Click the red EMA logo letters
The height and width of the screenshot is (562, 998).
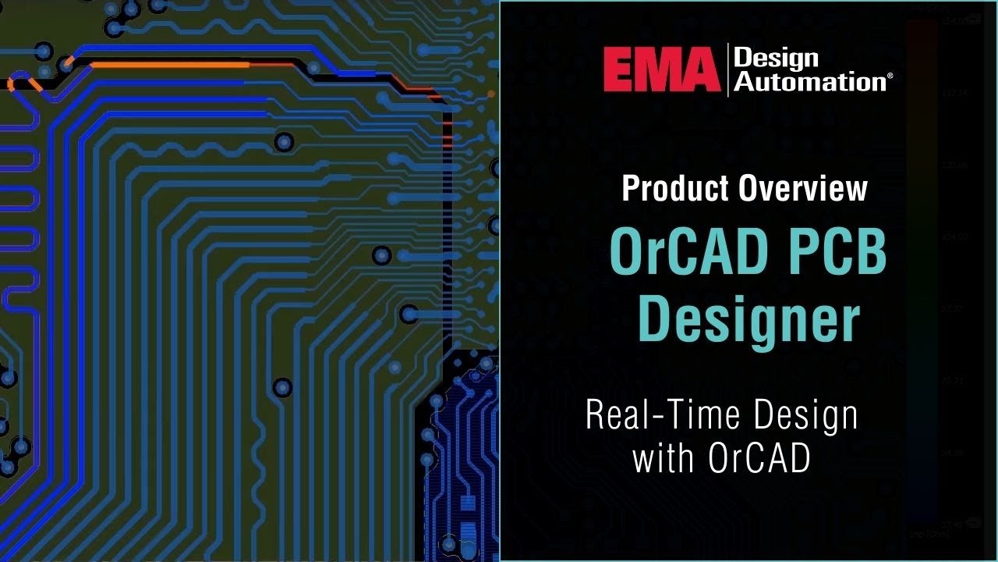click(x=661, y=69)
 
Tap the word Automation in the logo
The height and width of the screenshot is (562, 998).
click(x=809, y=81)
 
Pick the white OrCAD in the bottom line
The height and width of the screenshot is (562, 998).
click(x=759, y=457)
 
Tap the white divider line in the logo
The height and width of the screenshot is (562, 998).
click(x=727, y=69)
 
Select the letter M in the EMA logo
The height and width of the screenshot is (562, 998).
click(x=660, y=69)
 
